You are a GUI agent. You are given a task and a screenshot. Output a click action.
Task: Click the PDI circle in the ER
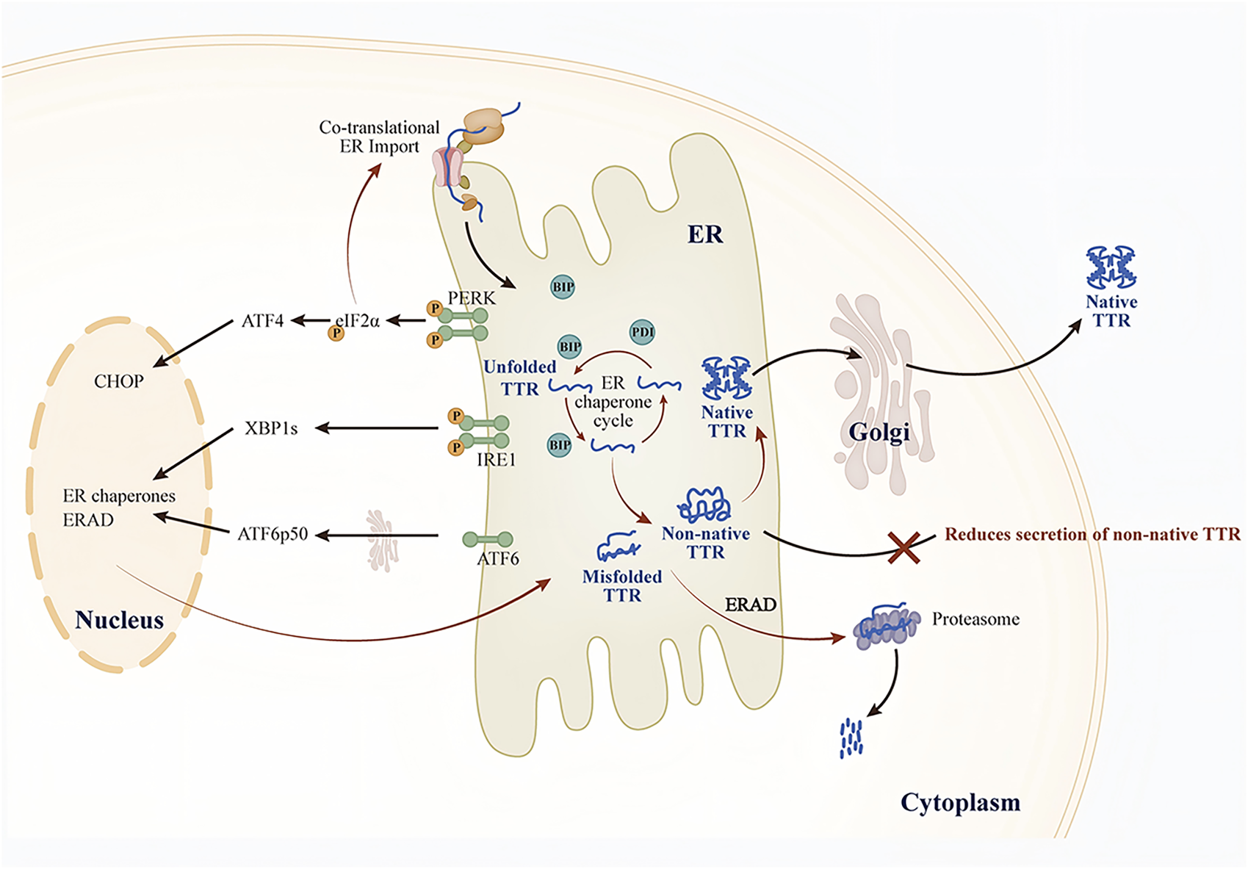click(642, 332)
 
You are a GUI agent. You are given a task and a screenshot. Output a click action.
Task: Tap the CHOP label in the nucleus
click(118, 381)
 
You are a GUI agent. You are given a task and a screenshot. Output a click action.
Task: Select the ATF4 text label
click(262, 321)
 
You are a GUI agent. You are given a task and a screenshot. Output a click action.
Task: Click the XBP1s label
click(271, 428)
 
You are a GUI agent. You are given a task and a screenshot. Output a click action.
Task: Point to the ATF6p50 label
click(273, 534)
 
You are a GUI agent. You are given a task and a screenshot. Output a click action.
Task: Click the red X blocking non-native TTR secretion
click(903, 548)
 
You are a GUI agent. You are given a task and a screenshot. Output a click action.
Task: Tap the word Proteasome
click(975, 619)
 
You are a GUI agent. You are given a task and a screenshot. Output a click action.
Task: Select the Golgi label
click(879, 432)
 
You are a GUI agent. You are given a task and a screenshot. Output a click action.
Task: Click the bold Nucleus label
click(119, 620)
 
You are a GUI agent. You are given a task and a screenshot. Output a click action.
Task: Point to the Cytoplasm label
click(960, 802)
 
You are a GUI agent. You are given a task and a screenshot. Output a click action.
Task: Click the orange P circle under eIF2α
click(336, 333)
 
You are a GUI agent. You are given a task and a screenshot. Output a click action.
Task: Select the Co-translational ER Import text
click(379, 137)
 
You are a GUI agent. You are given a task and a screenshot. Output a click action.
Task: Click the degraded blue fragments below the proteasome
click(851, 737)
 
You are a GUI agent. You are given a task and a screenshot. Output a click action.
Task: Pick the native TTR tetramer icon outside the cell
click(1111, 267)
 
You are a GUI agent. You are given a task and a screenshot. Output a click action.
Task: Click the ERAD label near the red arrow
click(750, 605)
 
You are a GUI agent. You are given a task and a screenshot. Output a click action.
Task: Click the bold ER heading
click(705, 234)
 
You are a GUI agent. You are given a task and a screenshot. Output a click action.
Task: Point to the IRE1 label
click(497, 460)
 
